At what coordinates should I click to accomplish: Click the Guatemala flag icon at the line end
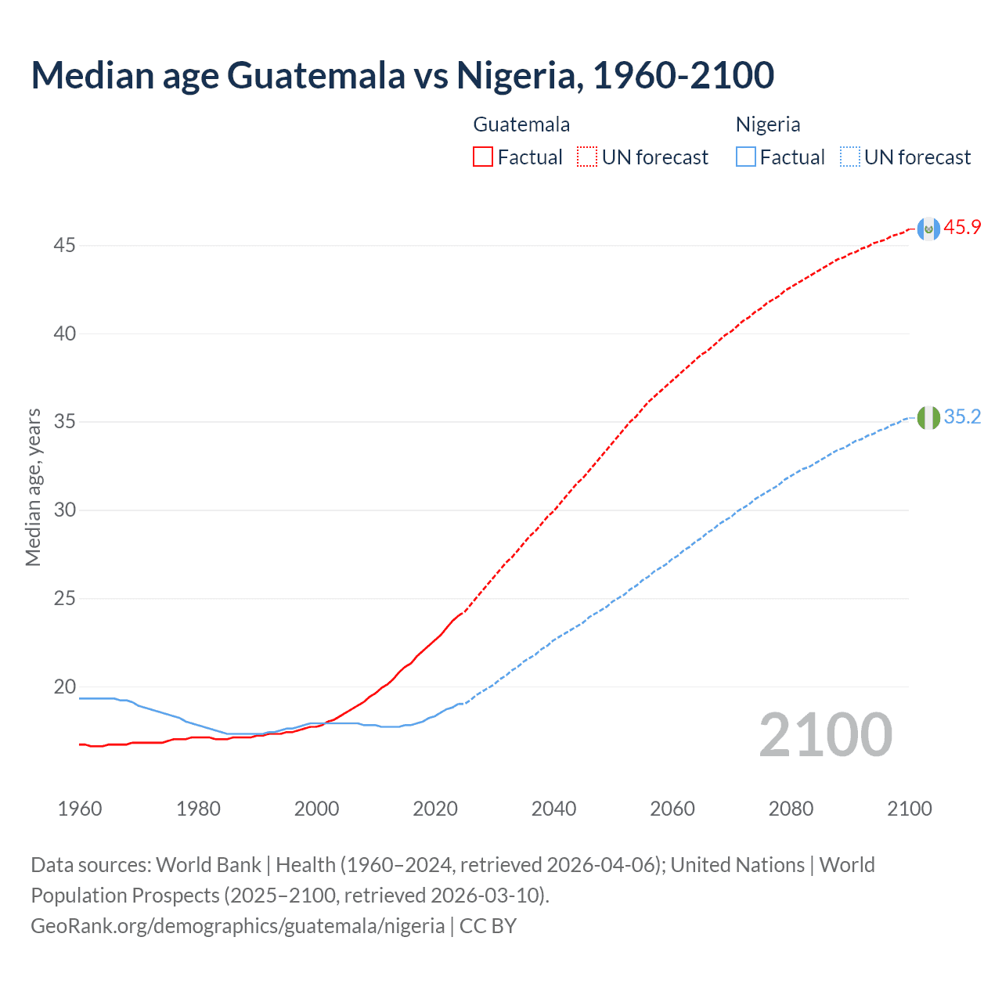point(928,229)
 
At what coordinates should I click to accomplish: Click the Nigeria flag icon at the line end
point(928,418)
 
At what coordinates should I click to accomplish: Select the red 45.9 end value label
point(962,228)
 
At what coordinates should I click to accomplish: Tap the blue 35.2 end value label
point(962,417)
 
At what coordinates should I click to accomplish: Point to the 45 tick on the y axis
point(64,246)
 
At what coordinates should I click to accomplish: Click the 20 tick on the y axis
point(64,687)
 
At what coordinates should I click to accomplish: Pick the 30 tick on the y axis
point(64,510)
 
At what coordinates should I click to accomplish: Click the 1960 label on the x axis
point(80,809)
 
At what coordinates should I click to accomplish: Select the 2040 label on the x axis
point(553,809)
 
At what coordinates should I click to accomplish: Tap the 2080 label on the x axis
point(791,809)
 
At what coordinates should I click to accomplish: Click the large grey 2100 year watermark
point(825,735)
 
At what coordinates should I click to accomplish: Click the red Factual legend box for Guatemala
point(483,157)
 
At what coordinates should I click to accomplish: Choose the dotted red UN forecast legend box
point(587,157)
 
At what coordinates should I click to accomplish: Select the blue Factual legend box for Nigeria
point(746,157)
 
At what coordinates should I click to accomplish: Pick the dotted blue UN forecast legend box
point(850,157)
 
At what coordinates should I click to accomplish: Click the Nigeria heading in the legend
point(767,124)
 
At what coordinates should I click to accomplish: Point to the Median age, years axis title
point(33,487)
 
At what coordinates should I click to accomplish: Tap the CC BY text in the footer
point(488,926)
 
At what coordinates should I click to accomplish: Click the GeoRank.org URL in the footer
point(237,926)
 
